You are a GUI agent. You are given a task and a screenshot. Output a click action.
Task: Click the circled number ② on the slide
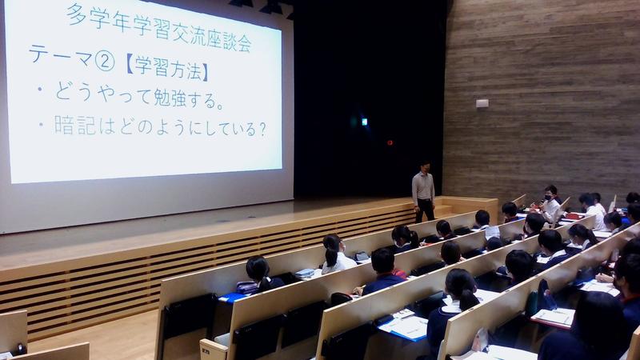[105, 62]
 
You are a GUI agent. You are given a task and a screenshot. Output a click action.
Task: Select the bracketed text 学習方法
[168, 68]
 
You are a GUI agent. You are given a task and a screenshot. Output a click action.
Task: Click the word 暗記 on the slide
[70, 125]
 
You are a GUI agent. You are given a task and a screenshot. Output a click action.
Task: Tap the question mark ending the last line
[262, 130]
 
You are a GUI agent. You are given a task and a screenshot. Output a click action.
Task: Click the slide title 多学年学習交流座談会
[158, 28]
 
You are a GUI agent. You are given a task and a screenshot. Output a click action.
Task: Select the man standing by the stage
[423, 192]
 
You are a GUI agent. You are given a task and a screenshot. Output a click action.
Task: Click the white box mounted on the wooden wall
[482, 103]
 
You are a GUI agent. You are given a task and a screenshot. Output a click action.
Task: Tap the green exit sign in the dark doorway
[364, 122]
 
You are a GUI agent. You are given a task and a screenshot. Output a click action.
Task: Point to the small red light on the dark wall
[390, 143]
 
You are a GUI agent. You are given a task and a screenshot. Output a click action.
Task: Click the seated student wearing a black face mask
[549, 203]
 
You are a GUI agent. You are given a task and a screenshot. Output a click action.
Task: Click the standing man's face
[426, 167]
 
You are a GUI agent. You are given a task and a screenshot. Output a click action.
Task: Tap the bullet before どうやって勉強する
[40, 89]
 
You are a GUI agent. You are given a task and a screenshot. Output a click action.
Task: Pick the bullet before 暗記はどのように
[41, 124]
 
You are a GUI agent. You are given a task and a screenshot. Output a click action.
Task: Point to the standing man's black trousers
[425, 210]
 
